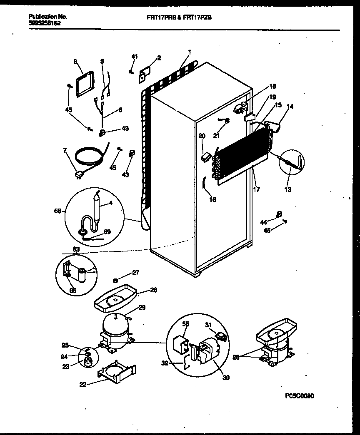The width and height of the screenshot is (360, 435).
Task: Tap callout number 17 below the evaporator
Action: click(x=257, y=189)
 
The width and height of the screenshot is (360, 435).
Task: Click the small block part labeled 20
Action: click(x=204, y=157)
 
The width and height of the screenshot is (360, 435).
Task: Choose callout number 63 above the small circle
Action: click(x=76, y=249)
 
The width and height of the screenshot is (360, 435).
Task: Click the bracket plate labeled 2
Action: click(x=144, y=73)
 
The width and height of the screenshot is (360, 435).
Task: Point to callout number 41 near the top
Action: click(x=134, y=56)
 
